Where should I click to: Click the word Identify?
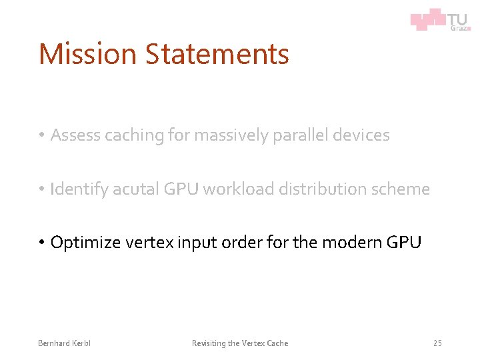[x=81, y=189]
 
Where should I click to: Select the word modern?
[x=351, y=242]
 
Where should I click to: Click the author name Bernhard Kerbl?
[x=64, y=343]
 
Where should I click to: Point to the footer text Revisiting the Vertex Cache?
[x=240, y=343]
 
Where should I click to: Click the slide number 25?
[x=437, y=343]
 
